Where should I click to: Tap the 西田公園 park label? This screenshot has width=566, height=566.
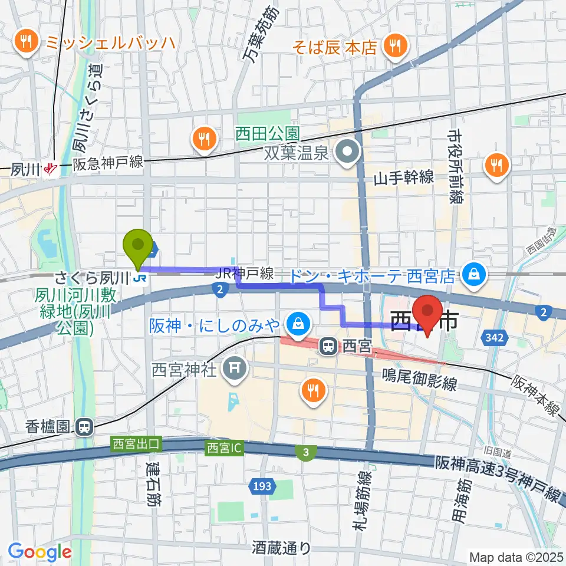pyautogui.click(x=269, y=134)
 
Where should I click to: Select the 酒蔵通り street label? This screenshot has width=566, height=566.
pyautogui.click(x=281, y=548)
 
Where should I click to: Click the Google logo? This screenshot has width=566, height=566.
pyautogui.click(x=40, y=552)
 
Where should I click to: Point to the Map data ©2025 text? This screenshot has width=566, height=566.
pyautogui.click(x=516, y=556)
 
